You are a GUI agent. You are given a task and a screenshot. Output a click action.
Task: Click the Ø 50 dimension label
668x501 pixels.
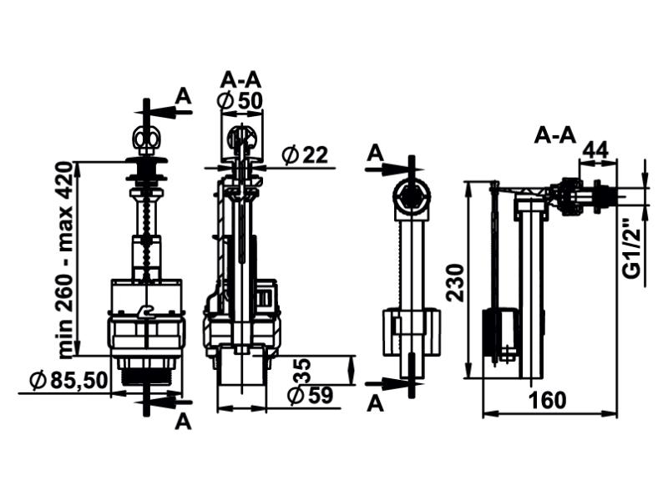pyautogui.click(x=240, y=101)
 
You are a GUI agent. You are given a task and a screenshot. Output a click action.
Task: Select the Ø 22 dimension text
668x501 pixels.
pyautogui.click(x=305, y=155)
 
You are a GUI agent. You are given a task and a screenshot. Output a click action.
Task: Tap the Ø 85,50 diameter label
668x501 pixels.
pyautogui.click(x=69, y=380)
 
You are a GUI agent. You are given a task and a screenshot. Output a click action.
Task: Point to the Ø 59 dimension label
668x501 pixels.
pyautogui.click(x=310, y=396)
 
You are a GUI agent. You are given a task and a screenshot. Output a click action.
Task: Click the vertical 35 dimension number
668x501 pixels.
pyautogui.click(x=303, y=370)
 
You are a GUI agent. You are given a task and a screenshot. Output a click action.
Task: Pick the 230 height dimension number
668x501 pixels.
pyautogui.click(x=455, y=283)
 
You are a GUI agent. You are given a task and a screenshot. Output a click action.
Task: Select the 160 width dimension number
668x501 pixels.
pyautogui.click(x=548, y=401)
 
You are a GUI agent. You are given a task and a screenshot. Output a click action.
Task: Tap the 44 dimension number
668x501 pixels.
pyautogui.click(x=595, y=150)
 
